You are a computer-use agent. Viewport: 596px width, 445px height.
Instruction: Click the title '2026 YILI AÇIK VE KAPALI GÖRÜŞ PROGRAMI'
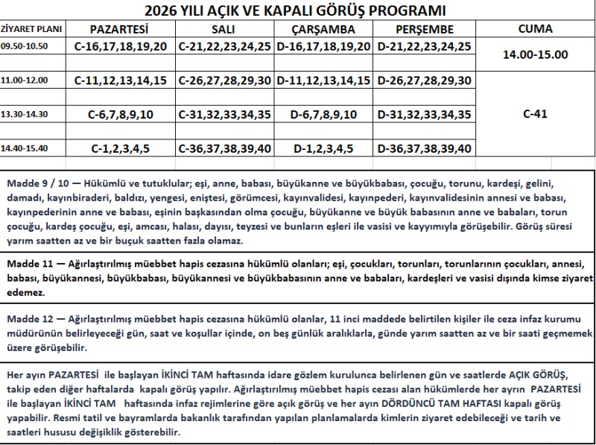(x=297, y=10)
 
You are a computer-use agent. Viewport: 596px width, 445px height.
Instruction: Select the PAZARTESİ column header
(x=119, y=29)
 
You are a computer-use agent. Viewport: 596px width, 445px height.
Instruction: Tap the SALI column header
(x=224, y=29)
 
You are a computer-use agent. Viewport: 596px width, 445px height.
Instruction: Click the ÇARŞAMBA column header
(x=323, y=30)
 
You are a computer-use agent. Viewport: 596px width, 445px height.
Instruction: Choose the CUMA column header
(x=534, y=29)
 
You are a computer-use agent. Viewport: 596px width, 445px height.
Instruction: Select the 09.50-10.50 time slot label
(x=25, y=45)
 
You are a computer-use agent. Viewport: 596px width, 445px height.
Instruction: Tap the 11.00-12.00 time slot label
(x=25, y=78)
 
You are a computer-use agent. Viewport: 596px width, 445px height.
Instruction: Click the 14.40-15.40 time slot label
(x=25, y=148)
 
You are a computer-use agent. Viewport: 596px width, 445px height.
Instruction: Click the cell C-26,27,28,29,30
(x=224, y=80)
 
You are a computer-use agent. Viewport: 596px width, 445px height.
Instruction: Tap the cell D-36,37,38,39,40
(x=424, y=148)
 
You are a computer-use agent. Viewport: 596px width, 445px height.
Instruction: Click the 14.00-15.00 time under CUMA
(x=535, y=54)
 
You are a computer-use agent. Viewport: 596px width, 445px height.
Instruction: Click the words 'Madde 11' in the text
(x=28, y=264)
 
